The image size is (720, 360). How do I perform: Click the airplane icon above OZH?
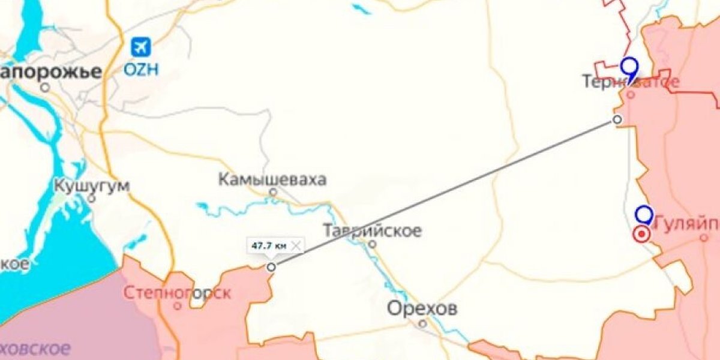coord(142,46)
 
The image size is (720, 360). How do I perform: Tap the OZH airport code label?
coord(142,69)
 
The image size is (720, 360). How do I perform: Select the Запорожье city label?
coord(50,71)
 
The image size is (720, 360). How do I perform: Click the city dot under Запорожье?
coord(46,87)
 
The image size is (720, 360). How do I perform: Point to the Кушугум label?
coord(91,185)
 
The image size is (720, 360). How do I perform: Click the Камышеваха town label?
coord(272,179)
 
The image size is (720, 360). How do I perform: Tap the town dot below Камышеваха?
coord(273,192)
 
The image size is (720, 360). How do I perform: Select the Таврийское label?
coord(372,230)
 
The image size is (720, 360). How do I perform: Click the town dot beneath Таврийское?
coord(373,244)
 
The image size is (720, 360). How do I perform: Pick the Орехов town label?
coord(422,309)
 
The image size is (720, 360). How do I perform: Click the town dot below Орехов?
coord(422,323)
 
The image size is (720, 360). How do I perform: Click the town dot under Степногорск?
coord(177,306)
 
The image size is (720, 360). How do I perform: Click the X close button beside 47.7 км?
coord(296,245)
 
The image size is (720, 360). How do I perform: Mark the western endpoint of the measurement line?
coord(271,266)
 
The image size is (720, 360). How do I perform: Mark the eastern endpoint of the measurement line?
coord(617,119)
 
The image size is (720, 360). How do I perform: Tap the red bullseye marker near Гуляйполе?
coord(641,234)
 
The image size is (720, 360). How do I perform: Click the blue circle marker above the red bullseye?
coord(644,214)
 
